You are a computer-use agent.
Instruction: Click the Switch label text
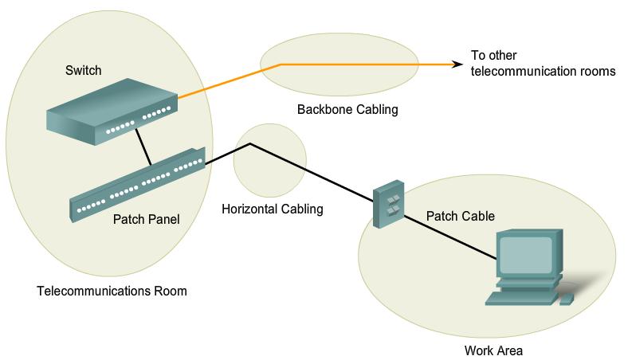pyautogui.click(x=83, y=71)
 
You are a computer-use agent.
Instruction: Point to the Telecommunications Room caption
pyautogui.click(x=112, y=291)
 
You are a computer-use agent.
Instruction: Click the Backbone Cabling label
pyautogui.click(x=347, y=109)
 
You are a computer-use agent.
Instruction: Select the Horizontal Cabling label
pyautogui.click(x=272, y=209)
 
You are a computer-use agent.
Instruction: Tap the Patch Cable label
pyautogui.click(x=460, y=216)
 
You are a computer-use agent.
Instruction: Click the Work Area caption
pyautogui.click(x=493, y=350)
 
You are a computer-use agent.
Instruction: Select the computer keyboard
pyautogui.click(x=521, y=299)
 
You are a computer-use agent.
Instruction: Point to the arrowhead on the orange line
pyautogui.click(x=457, y=65)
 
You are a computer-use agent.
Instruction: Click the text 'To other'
pyautogui.click(x=495, y=56)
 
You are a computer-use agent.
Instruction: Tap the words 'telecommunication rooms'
pyautogui.click(x=544, y=71)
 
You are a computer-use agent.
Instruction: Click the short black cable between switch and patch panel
pyautogui.click(x=143, y=147)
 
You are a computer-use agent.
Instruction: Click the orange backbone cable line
pyautogui.click(x=351, y=65)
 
